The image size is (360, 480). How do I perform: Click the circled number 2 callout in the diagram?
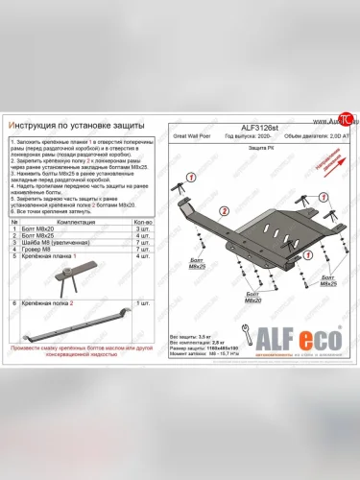(x=223, y=210)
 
